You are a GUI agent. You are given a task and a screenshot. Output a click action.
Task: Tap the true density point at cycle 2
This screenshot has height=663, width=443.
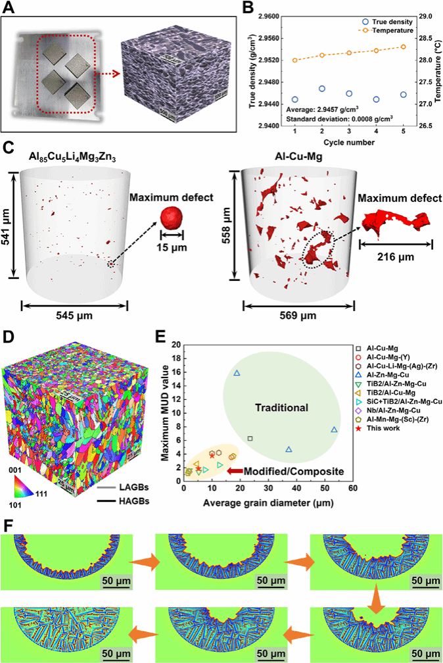pyautogui.click(x=322, y=88)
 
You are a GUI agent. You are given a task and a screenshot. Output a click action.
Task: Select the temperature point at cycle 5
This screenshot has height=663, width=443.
pyautogui.click(x=403, y=47)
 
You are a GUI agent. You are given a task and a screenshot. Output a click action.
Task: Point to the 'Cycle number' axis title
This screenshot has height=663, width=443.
pyautogui.click(x=349, y=143)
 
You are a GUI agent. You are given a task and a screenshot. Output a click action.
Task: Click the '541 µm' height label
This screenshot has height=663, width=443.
pyautogui.click(x=7, y=221)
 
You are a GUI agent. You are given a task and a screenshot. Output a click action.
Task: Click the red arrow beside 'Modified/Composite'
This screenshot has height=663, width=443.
pyautogui.click(x=235, y=470)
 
